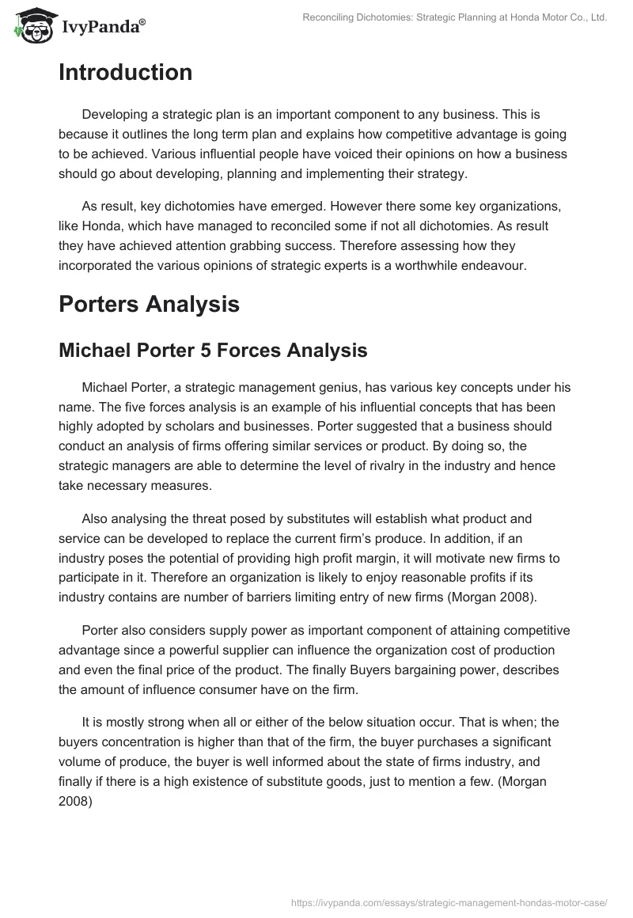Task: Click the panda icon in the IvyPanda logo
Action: pyautogui.click(x=30, y=26)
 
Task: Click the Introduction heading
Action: pyautogui.click(x=125, y=73)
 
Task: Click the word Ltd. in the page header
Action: pyautogui.click(x=596, y=17)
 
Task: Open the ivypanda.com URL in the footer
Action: pyautogui.click(x=449, y=901)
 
